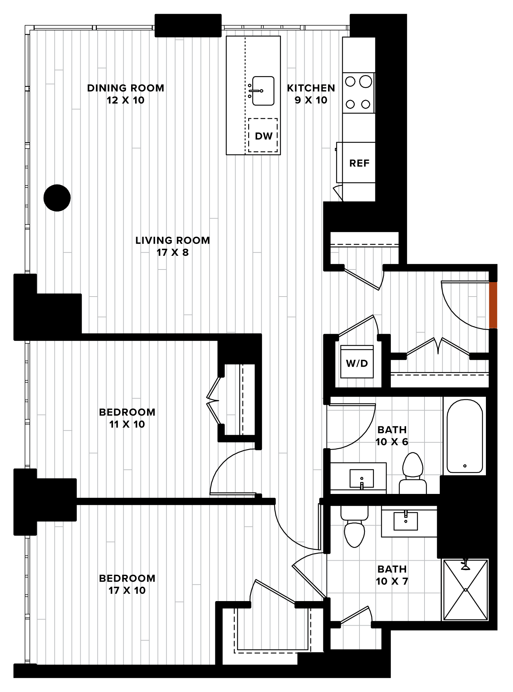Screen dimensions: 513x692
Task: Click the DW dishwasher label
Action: pos(263,136)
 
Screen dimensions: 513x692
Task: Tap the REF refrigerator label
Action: pos(359,163)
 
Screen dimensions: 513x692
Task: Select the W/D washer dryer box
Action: pos(357,362)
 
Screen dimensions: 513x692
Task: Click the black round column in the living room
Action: pos(57,198)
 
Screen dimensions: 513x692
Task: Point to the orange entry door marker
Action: pos(493,305)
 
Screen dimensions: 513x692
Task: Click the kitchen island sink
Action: pos(263,91)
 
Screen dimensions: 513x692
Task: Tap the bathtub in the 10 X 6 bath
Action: pos(465,436)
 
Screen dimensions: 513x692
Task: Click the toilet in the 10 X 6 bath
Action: pos(413,473)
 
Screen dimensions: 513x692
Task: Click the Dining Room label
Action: pos(126,88)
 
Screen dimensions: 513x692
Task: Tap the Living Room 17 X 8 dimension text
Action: pos(173,253)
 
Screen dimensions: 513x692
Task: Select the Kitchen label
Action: pos(311,88)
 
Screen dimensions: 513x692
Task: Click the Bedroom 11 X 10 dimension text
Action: pos(127,424)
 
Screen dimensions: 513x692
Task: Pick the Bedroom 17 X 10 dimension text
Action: pos(127,590)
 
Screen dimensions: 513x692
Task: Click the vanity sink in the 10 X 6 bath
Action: pos(362,479)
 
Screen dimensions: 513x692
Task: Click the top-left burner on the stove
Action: pos(350,82)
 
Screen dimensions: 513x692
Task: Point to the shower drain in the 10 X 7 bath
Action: pos(466,590)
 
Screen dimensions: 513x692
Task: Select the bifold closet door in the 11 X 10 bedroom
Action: pos(214,400)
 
